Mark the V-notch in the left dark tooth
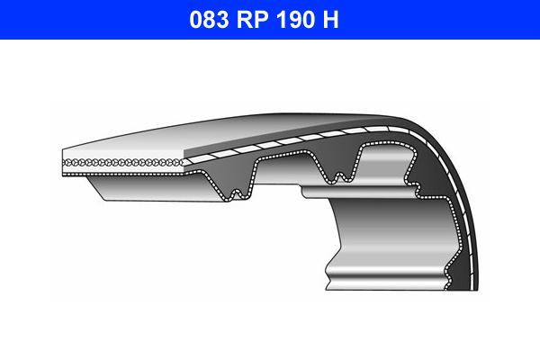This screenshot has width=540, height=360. pyautogui.click(x=236, y=191)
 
